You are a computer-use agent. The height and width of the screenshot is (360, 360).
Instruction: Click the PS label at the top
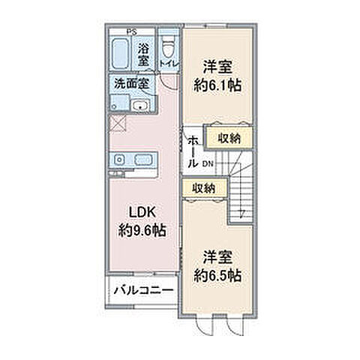click(130, 31)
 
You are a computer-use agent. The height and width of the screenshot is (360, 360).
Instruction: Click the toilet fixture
click(168, 41)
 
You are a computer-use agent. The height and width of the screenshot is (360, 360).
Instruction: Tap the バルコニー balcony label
click(144, 290)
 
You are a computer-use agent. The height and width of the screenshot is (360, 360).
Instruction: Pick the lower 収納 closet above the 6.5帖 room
click(204, 187)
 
